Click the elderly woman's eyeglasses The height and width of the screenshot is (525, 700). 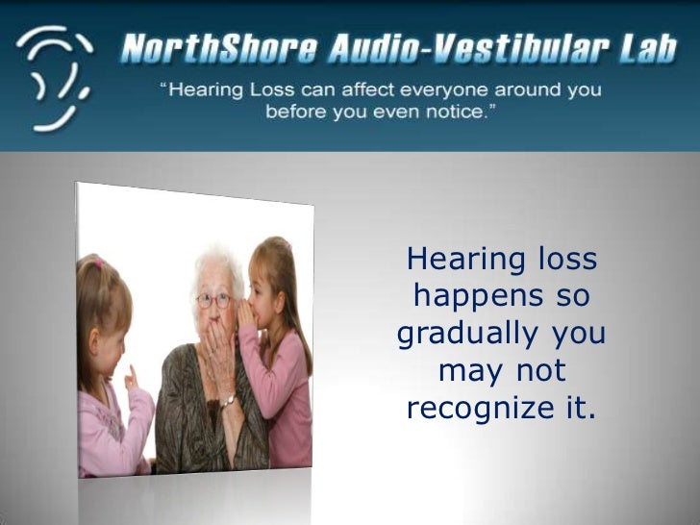(x=214, y=300)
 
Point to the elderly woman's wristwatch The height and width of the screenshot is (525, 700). (x=228, y=401)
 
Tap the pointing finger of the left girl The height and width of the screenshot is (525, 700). (x=132, y=373)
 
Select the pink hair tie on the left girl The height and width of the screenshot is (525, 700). (x=97, y=261)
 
